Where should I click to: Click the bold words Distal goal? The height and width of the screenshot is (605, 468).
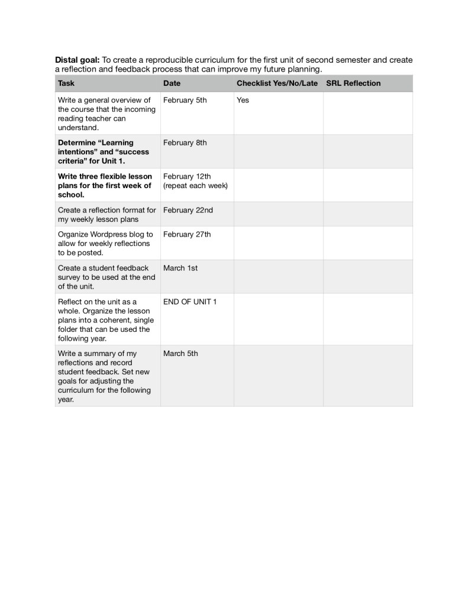coord(78,60)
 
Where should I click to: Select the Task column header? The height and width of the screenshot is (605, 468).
coord(66,83)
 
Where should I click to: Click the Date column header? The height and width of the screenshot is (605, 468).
coord(172,83)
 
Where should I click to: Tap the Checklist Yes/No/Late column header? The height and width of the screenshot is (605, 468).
coord(277,83)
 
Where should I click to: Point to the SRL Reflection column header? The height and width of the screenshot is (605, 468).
coord(353,83)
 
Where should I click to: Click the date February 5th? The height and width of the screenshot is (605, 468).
coord(185,100)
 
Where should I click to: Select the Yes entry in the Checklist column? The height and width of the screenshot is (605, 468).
coord(243,100)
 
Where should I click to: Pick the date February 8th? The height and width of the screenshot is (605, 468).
coord(185,143)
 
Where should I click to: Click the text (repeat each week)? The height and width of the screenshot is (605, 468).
coord(196,186)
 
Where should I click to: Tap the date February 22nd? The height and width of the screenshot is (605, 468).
coord(188,210)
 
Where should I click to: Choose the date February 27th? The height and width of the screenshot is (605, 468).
coord(187,234)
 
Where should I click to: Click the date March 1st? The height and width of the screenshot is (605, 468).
coord(180,268)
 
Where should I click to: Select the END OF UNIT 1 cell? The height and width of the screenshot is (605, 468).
coord(190,302)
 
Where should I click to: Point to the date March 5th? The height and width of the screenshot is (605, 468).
coord(180,354)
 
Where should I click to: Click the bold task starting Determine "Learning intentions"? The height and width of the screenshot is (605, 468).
coord(104,151)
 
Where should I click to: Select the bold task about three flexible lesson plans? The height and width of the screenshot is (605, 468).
coord(105,185)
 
